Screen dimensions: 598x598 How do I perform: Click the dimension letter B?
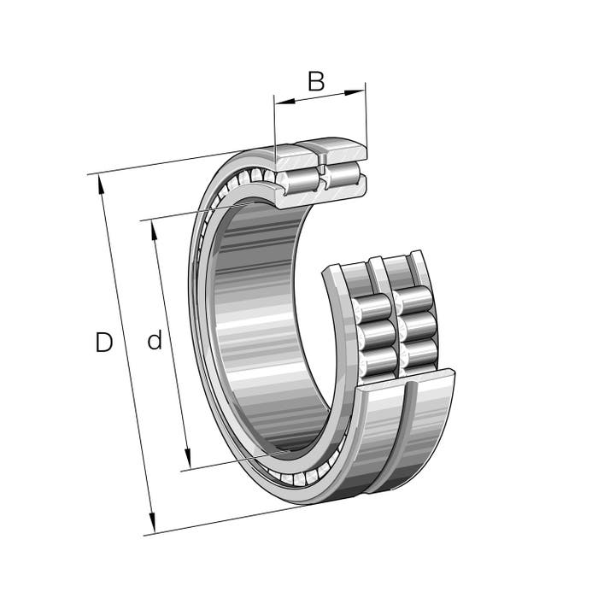(316, 81)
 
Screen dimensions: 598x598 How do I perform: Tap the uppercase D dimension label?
(103, 342)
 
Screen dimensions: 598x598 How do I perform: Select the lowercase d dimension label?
(155, 340)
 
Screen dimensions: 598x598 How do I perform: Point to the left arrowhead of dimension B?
(285, 102)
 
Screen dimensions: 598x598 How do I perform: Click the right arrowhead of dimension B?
(355, 92)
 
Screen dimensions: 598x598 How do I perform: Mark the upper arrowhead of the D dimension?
(102, 185)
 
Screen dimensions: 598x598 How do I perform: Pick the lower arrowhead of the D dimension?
(152, 523)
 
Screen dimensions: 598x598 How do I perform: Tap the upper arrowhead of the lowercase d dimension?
(154, 231)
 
